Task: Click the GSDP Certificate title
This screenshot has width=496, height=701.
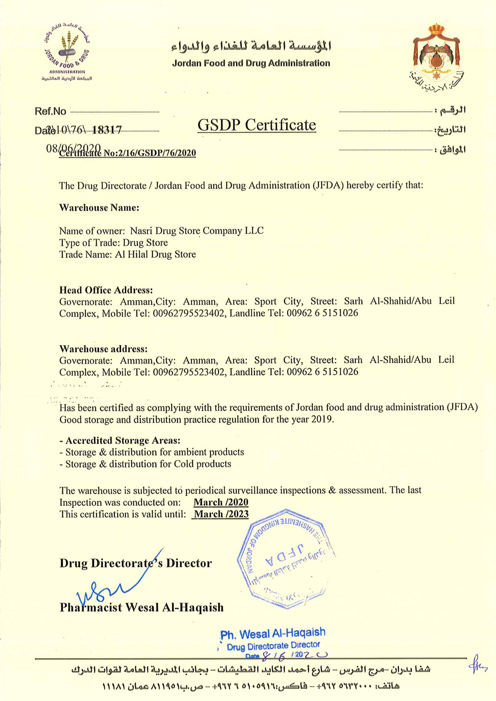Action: coord(256,125)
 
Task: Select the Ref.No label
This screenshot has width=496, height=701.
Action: coord(50,111)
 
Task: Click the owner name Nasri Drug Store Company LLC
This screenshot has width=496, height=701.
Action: coord(197,231)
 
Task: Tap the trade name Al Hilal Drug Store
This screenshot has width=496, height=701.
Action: coord(155,254)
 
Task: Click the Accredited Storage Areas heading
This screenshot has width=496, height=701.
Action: coord(120,440)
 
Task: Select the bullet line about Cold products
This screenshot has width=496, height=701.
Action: coord(145,464)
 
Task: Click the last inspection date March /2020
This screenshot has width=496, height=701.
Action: coord(221,502)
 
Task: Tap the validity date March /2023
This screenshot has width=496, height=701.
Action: coord(221,514)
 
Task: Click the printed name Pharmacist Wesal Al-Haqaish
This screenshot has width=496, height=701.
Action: coord(142,607)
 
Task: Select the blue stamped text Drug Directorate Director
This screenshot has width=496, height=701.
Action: coord(273,646)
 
